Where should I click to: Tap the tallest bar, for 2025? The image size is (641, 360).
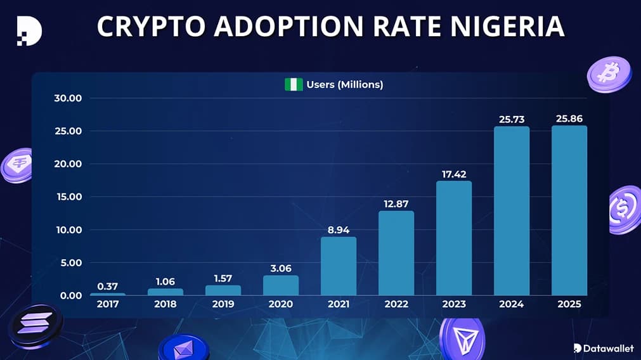pyautogui.click(x=569, y=210)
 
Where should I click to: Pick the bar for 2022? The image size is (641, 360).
pyautogui.click(x=396, y=253)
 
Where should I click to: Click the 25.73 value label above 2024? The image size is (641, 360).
pyautogui.click(x=511, y=119)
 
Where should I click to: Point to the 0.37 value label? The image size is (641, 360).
pyautogui.click(x=108, y=286)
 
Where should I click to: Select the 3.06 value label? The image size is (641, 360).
pyautogui.click(x=281, y=268)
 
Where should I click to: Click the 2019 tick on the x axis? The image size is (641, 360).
pyautogui.click(x=223, y=304)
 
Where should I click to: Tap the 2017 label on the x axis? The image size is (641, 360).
pyautogui.click(x=108, y=304)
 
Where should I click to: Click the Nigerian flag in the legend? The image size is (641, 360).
pyautogui.click(x=294, y=84)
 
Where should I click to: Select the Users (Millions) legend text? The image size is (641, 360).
pyautogui.click(x=345, y=84)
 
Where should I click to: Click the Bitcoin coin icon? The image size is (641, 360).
pyautogui.click(x=609, y=74)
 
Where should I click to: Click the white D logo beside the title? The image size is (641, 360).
pyautogui.click(x=29, y=30)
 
